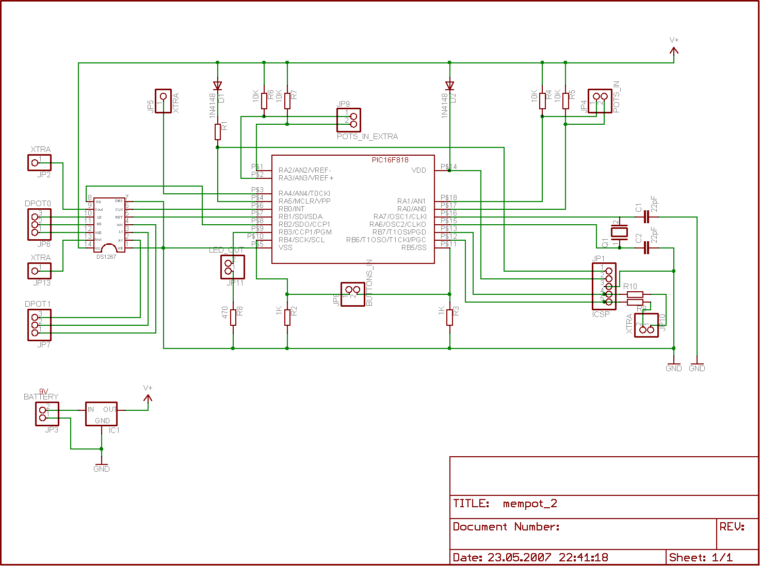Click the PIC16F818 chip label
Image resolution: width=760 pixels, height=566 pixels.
(390, 160)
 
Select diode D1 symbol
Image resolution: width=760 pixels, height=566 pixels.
(218, 86)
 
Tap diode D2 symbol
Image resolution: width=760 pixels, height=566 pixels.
(449, 86)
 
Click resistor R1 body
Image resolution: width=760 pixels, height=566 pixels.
(218, 132)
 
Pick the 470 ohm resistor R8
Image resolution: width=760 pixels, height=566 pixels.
(233, 317)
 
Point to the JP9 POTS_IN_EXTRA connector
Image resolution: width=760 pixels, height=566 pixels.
(349, 120)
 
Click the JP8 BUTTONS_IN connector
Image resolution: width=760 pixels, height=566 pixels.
(353, 294)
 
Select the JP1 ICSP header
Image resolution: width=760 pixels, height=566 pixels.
(604, 286)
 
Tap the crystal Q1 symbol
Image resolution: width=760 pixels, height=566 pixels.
(619, 232)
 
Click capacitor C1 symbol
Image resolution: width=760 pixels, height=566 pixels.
(646, 217)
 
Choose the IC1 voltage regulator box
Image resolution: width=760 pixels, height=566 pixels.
(101, 414)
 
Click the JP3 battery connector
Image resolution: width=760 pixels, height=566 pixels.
(47, 414)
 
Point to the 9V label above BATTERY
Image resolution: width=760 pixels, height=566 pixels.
(43, 392)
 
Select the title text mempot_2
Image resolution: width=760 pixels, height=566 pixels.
(530, 504)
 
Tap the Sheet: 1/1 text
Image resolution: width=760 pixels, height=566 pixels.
(701, 557)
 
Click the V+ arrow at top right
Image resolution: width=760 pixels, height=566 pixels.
(674, 49)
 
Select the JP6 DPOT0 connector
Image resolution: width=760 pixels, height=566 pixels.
(39, 225)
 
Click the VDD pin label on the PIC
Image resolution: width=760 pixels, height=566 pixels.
(418, 170)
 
